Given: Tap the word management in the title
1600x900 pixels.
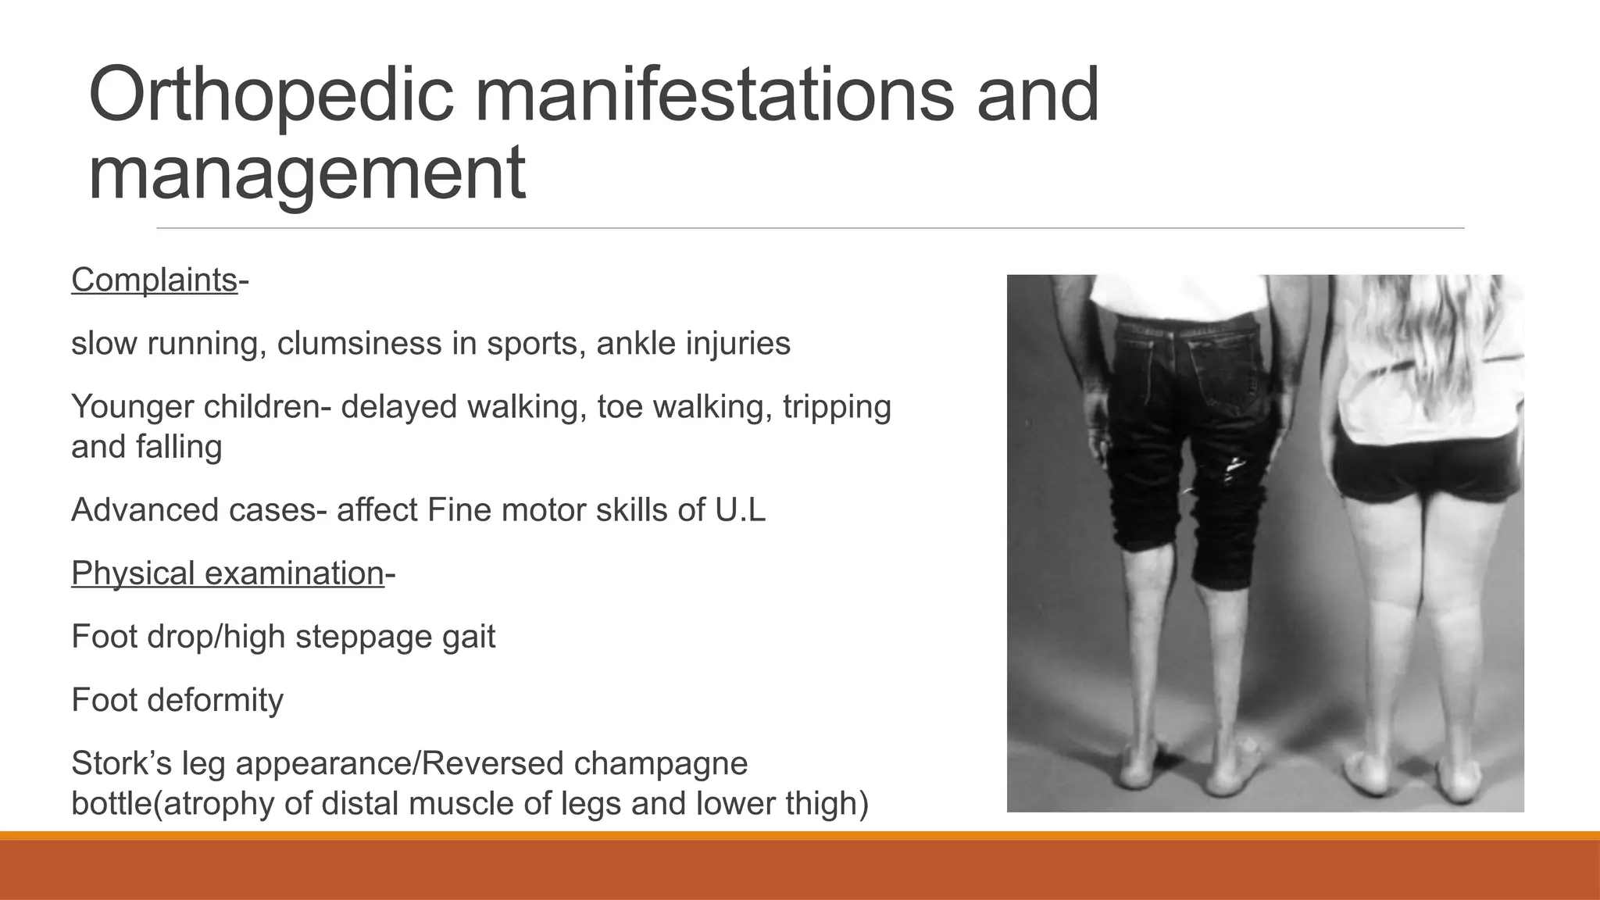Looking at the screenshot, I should [x=306, y=173].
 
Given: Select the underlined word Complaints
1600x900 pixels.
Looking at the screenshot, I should [x=154, y=280].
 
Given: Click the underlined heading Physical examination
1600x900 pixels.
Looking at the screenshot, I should [x=227, y=573].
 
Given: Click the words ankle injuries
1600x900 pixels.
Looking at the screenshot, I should [x=693, y=344].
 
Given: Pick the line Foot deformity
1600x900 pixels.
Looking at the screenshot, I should [x=177, y=700].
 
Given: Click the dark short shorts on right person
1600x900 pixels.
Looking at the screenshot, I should [x=1426, y=469].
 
